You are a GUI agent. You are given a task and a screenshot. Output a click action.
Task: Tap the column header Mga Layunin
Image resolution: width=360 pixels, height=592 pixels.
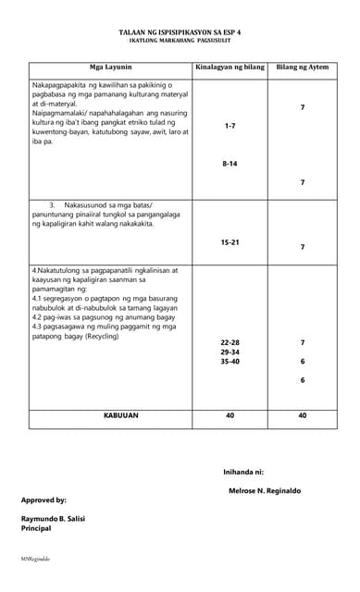(110, 68)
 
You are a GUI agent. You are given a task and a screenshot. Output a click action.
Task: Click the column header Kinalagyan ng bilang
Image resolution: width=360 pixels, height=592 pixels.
(230, 68)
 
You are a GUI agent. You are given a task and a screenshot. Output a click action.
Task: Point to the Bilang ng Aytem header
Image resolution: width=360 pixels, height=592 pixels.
(302, 68)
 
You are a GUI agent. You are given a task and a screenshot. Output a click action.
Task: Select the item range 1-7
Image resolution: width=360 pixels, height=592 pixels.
(230, 125)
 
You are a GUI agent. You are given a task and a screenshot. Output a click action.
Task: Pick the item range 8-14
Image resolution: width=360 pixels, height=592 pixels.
(230, 163)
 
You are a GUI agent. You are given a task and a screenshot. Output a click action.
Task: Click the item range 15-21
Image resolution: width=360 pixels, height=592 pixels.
(230, 241)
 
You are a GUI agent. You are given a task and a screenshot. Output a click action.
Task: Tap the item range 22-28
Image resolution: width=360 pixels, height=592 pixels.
(230, 342)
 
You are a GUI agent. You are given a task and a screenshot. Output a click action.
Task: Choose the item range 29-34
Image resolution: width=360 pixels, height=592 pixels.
(230, 352)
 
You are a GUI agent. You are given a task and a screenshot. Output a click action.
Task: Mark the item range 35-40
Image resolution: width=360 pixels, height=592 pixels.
(230, 363)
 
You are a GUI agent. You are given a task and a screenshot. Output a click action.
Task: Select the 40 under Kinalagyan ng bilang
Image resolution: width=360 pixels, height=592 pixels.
(230, 416)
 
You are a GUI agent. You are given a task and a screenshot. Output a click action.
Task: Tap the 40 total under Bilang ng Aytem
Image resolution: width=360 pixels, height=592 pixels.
(302, 416)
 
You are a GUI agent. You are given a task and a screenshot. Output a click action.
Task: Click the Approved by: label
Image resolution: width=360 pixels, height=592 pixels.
(43, 499)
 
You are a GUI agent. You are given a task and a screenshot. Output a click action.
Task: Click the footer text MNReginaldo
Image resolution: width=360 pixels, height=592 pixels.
(36, 560)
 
